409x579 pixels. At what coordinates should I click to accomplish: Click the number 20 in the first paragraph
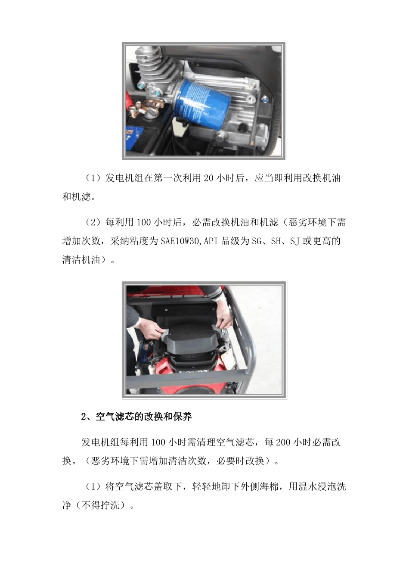point(209,178)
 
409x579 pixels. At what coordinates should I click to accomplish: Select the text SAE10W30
point(180,241)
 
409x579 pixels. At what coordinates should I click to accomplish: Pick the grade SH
point(276,241)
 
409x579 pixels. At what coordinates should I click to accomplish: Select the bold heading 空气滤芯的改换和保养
point(144,417)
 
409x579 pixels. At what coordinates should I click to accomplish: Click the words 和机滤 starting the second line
point(77,197)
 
